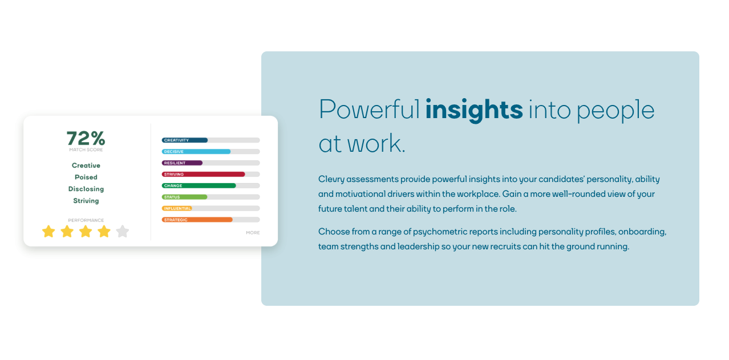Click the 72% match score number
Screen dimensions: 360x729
click(86, 138)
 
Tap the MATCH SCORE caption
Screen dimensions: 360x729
click(86, 150)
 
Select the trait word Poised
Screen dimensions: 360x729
click(86, 177)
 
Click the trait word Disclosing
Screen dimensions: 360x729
click(86, 189)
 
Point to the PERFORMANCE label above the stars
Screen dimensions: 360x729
click(86, 220)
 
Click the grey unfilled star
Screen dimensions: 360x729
click(123, 232)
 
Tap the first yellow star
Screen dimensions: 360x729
click(49, 232)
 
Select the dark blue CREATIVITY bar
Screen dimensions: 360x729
click(184, 140)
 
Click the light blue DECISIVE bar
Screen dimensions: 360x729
click(196, 152)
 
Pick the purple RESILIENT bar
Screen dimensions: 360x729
click(182, 163)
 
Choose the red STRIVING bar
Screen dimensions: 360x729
click(203, 175)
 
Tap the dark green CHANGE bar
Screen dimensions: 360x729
click(199, 185)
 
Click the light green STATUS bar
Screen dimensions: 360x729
click(184, 197)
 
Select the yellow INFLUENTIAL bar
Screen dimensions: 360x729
click(177, 208)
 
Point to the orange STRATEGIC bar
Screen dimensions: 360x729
click(197, 220)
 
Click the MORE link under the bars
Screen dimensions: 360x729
click(253, 233)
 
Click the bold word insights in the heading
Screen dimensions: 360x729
click(474, 110)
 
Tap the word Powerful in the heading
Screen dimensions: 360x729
click(369, 110)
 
